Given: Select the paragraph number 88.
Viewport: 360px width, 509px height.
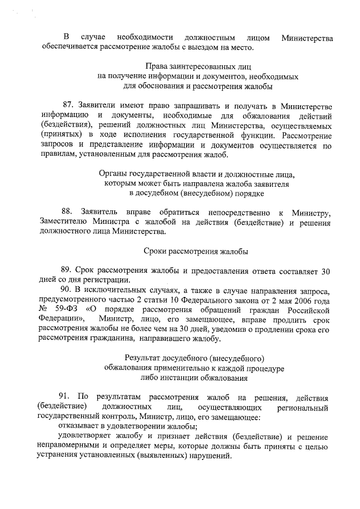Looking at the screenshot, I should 68,211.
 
